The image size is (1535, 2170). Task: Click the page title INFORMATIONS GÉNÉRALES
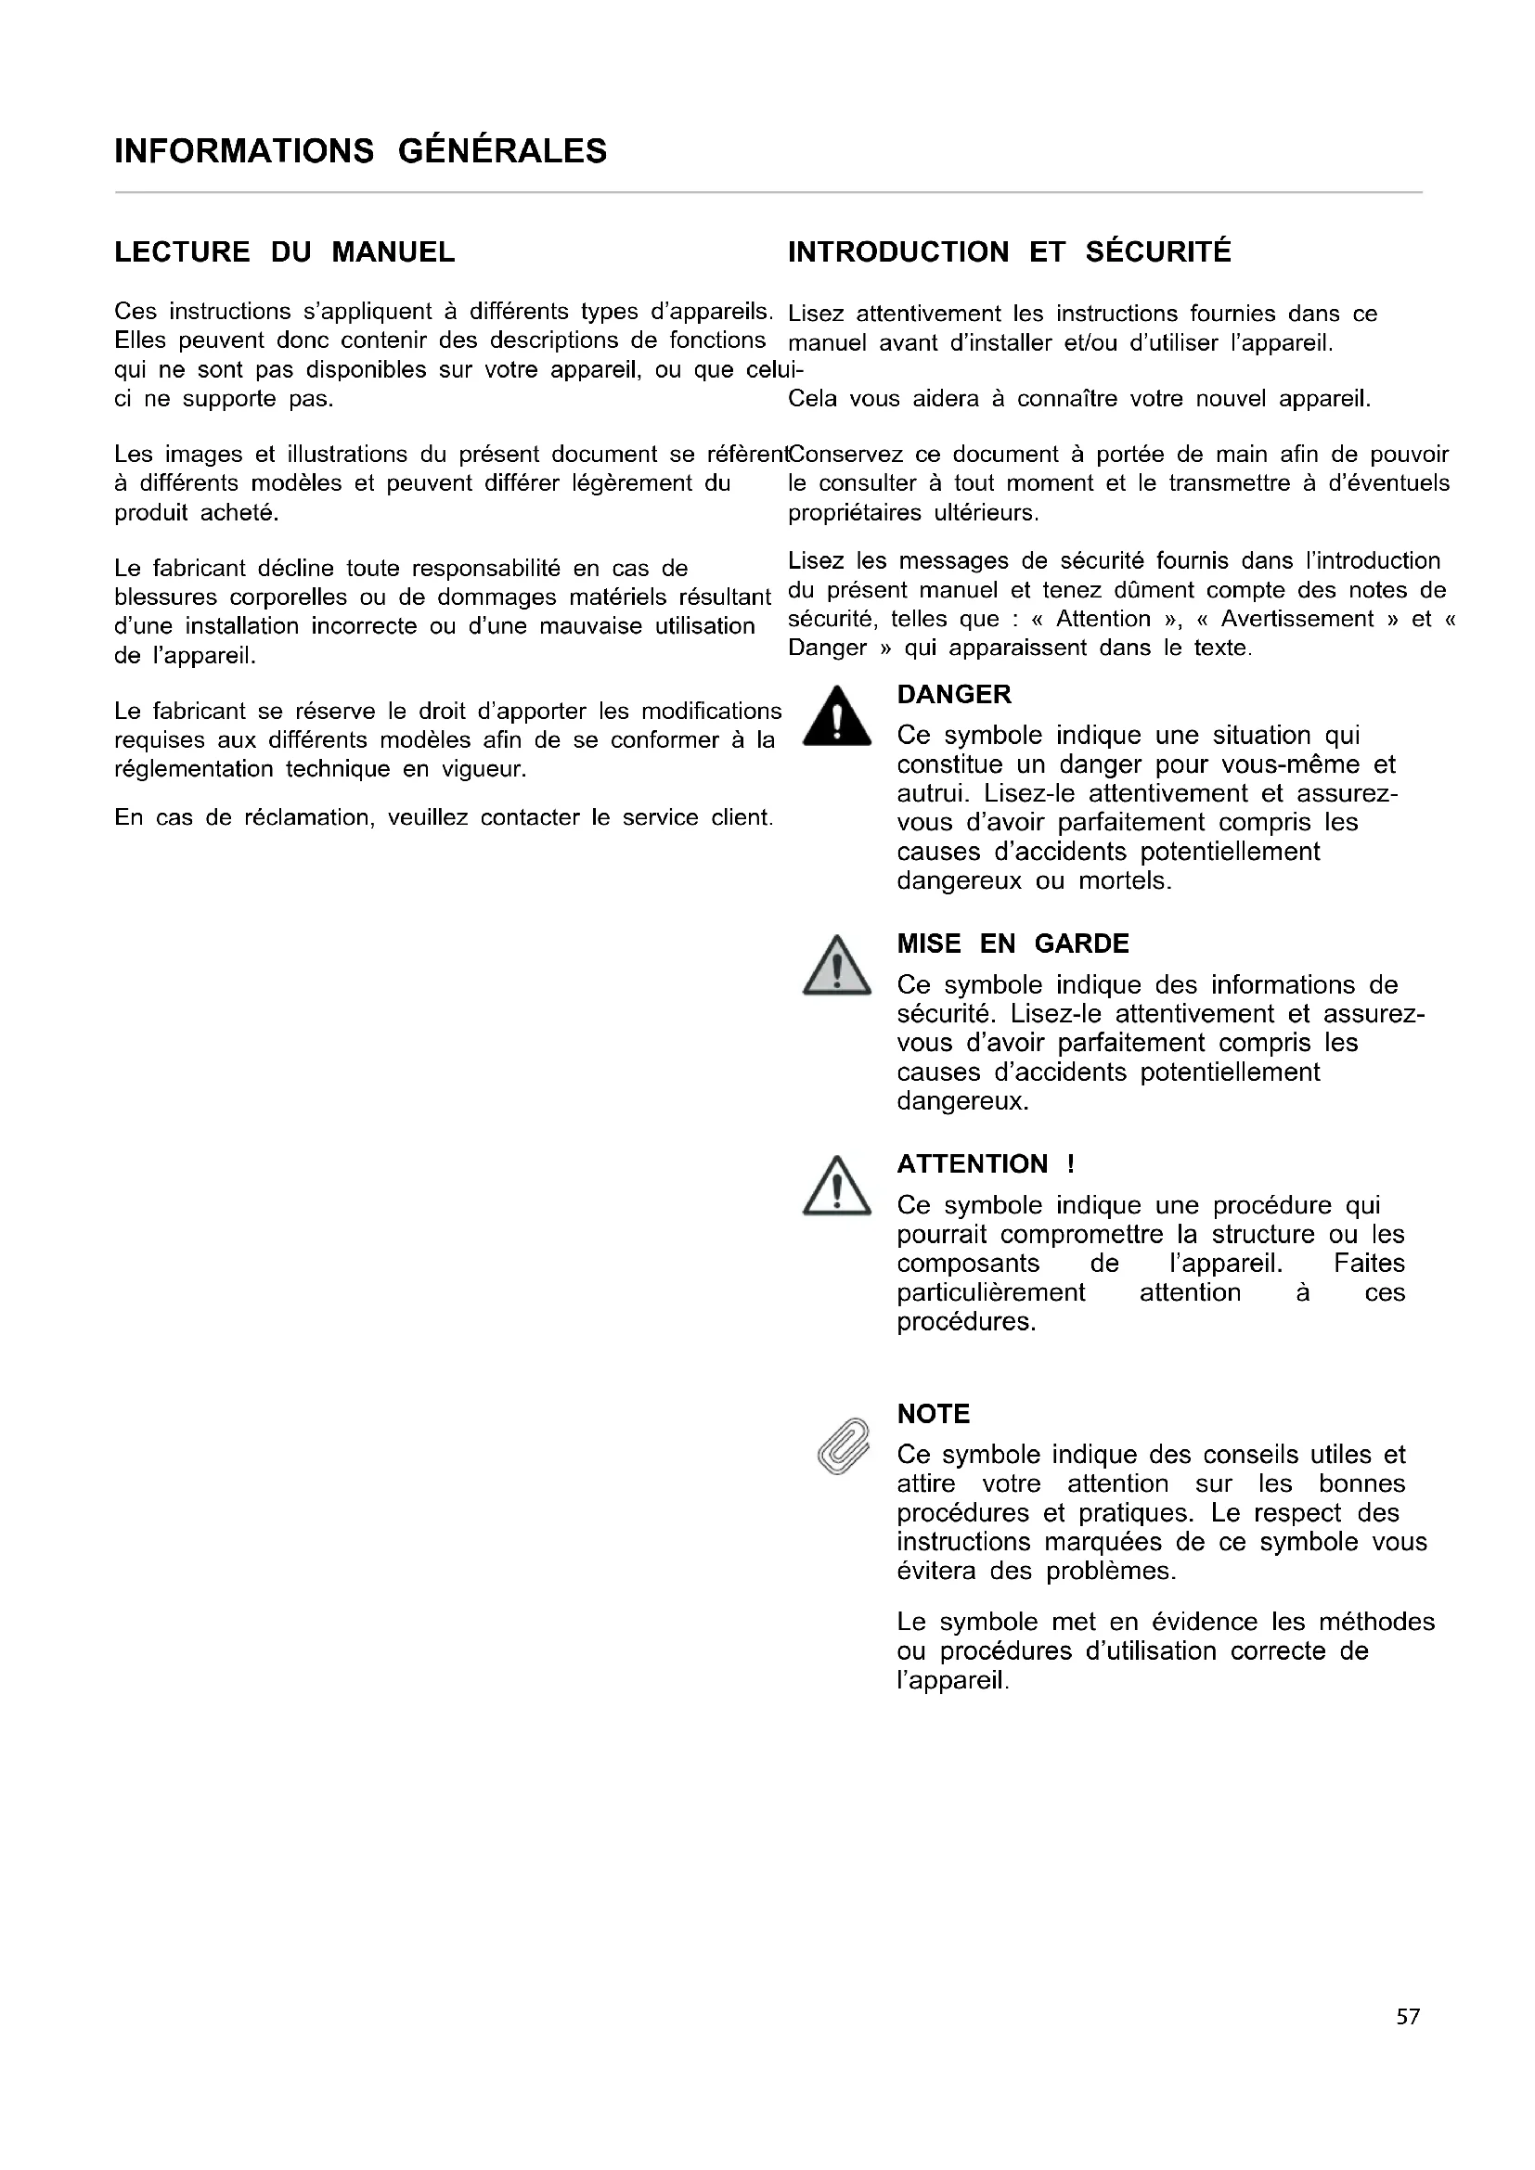tap(360, 151)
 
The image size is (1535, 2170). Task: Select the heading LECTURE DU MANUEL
tap(285, 252)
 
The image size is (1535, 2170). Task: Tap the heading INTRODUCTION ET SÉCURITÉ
tap(1010, 252)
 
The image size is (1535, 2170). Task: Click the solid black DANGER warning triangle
tap(836, 718)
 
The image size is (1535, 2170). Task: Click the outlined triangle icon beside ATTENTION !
tap(836, 1188)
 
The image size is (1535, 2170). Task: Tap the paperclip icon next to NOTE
tap(842, 1446)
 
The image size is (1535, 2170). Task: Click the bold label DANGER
tap(954, 695)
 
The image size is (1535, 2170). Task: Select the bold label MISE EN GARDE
tap(1013, 944)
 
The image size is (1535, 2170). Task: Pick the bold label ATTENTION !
tap(985, 1164)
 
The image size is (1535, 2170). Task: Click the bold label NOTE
tap(933, 1414)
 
